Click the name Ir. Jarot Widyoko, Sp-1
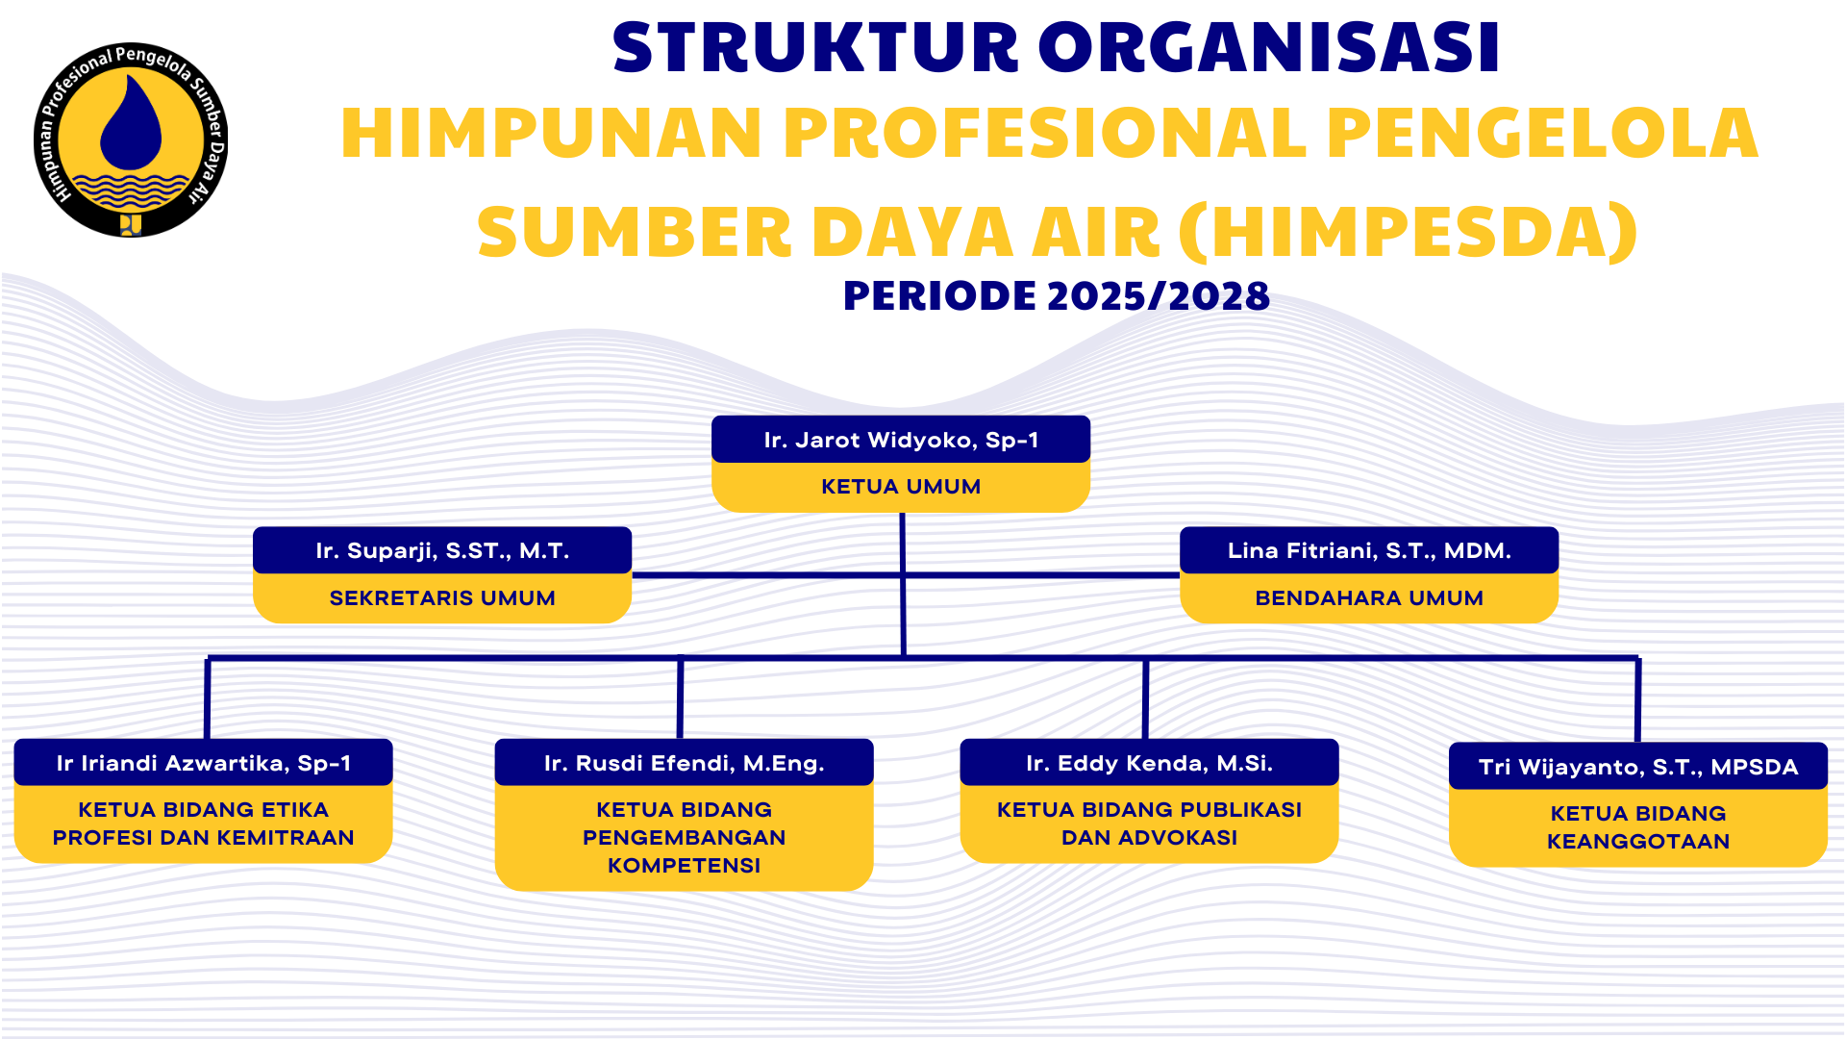[901, 441]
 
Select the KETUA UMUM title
[901, 487]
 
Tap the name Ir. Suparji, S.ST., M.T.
[442, 551]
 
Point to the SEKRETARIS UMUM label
[442, 598]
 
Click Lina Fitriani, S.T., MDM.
[1369, 551]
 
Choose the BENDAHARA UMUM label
[1369, 598]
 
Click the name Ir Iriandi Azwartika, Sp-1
[203, 764]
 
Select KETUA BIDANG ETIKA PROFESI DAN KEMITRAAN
[203, 824]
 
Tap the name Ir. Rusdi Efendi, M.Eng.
[684, 764]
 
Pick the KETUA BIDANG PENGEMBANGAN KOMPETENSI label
[684, 837]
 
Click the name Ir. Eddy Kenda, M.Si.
[1149, 764]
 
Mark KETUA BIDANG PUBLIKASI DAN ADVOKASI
[1149, 824]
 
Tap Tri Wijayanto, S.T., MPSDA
[1637, 768]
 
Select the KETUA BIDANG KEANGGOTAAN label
[1637, 827]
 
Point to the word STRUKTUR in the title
[815, 48]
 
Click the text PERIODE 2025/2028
[1056, 296]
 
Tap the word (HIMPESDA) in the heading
[1408, 233]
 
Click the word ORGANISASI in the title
[1269, 48]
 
